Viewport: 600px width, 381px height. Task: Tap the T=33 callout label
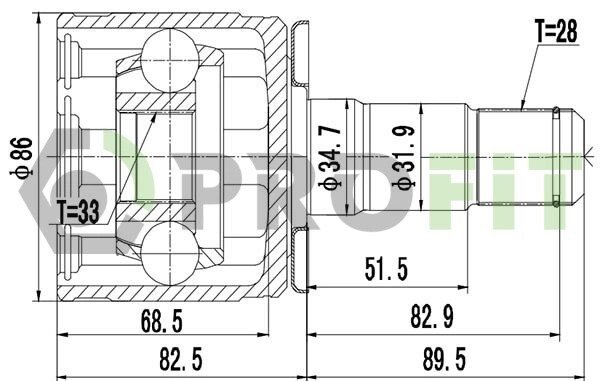click(78, 211)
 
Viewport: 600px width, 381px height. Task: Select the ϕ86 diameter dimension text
click(22, 158)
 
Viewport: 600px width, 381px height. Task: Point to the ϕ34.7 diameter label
click(330, 157)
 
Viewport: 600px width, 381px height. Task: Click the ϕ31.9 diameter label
click(404, 157)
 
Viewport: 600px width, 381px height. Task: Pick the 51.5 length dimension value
click(386, 269)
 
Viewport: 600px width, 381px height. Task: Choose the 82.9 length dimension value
click(432, 317)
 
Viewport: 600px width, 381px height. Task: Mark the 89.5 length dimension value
click(444, 359)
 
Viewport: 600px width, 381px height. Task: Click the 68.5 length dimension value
click(162, 321)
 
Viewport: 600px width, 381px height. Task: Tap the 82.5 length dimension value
click(181, 359)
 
